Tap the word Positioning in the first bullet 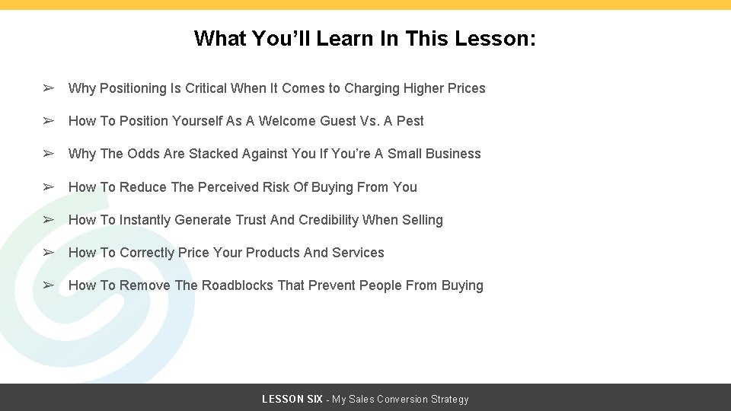coord(133,88)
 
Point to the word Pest coord(408,121)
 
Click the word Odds coord(144,154)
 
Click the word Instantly coord(145,220)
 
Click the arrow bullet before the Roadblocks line coord(48,285)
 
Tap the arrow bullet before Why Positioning coord(48,88)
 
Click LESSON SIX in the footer coord(292,400)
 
